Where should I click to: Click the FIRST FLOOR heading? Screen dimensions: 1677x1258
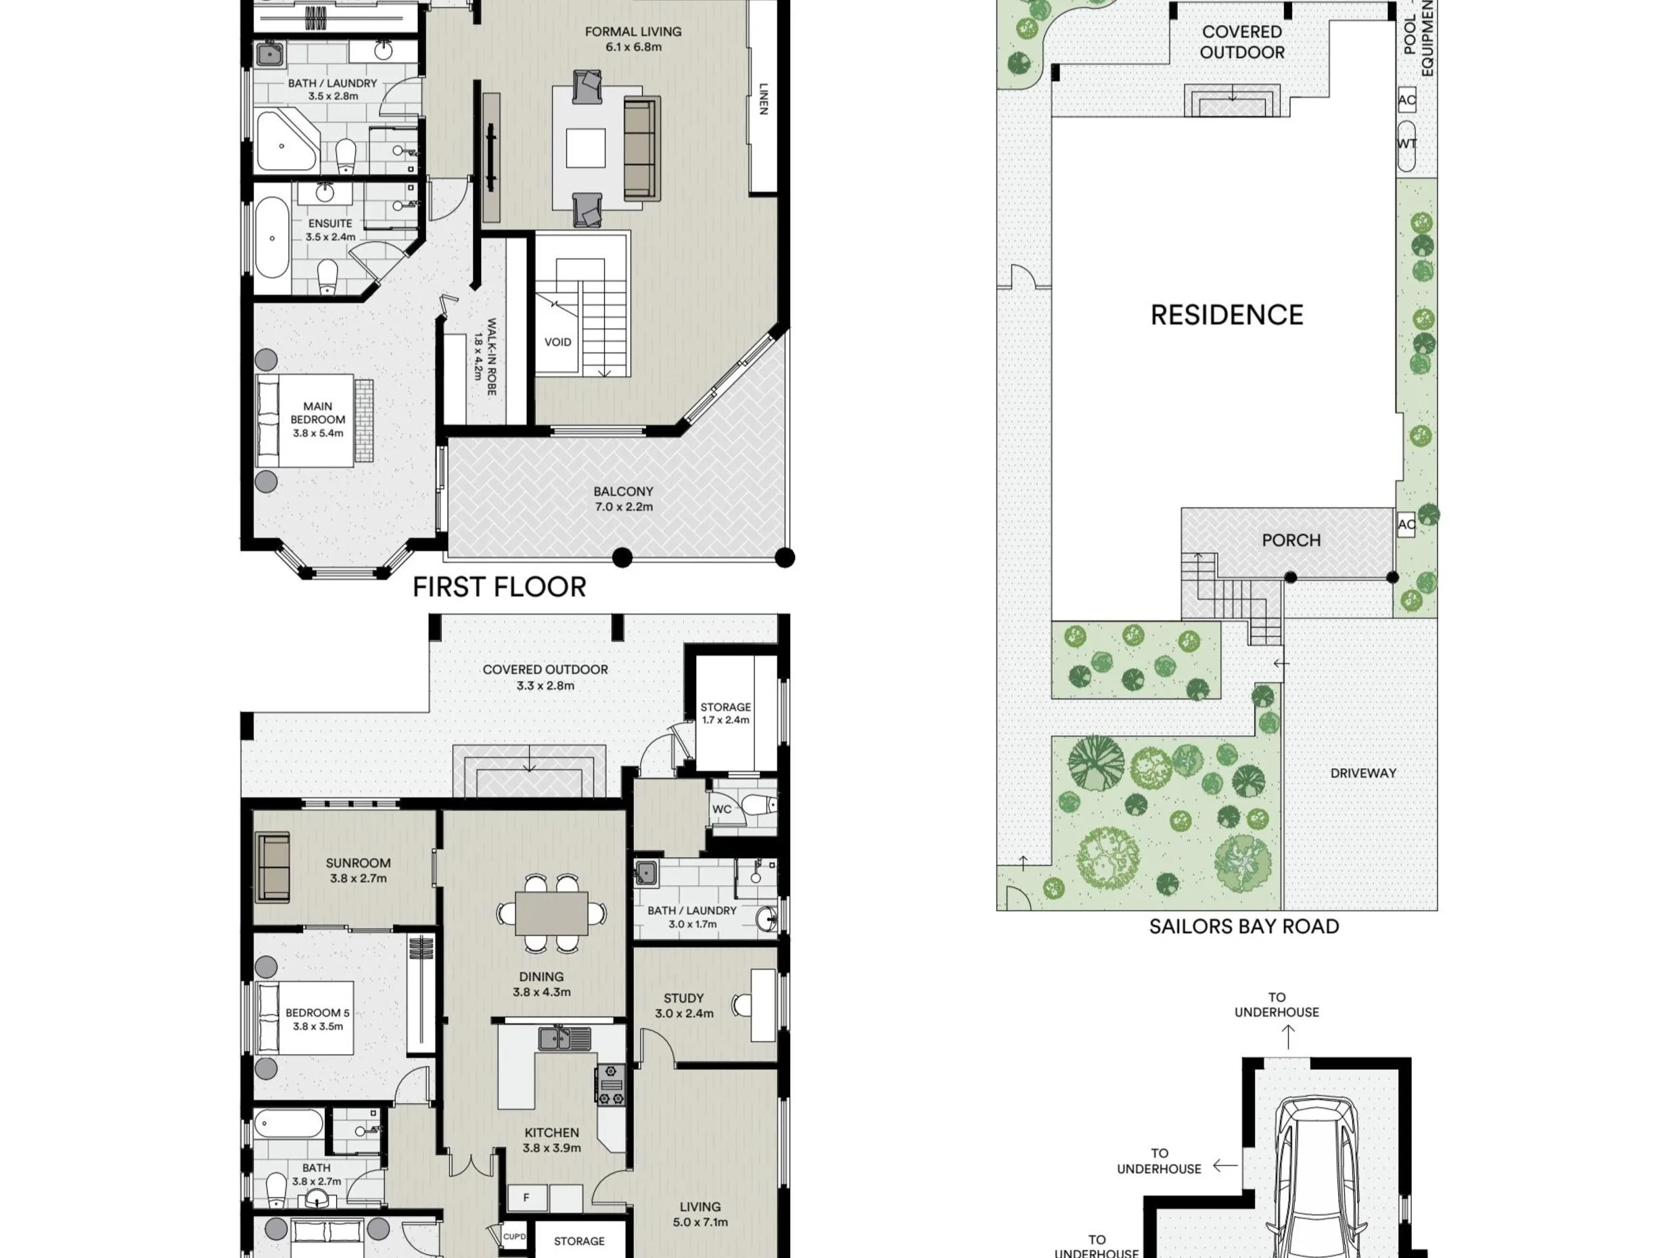point(499,587)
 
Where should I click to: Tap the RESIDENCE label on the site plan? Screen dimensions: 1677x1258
point(1226,315)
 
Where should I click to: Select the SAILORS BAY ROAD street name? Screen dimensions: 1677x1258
point(1244,926)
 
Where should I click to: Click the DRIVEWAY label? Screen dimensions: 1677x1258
point(1363,773)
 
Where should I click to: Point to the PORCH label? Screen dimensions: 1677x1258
point(1291,540)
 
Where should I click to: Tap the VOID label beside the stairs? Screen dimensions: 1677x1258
point(558,342)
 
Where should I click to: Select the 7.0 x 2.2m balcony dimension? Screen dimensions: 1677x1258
point(623,508)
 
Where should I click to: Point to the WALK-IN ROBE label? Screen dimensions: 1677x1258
point(491,357)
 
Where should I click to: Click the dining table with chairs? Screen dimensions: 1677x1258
point(551,913)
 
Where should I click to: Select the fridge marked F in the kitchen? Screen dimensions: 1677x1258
point(526,1198)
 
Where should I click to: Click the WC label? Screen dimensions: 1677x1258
point(722,809)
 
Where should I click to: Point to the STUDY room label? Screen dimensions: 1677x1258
point(684,998)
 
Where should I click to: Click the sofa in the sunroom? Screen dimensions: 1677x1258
point(273,867)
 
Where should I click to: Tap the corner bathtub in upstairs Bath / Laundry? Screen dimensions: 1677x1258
point(286,141)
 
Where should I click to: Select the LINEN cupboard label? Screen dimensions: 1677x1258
point(764,99)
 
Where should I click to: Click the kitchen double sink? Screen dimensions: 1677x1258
point(565,1038)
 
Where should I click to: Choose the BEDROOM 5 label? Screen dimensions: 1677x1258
point(318,1012)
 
